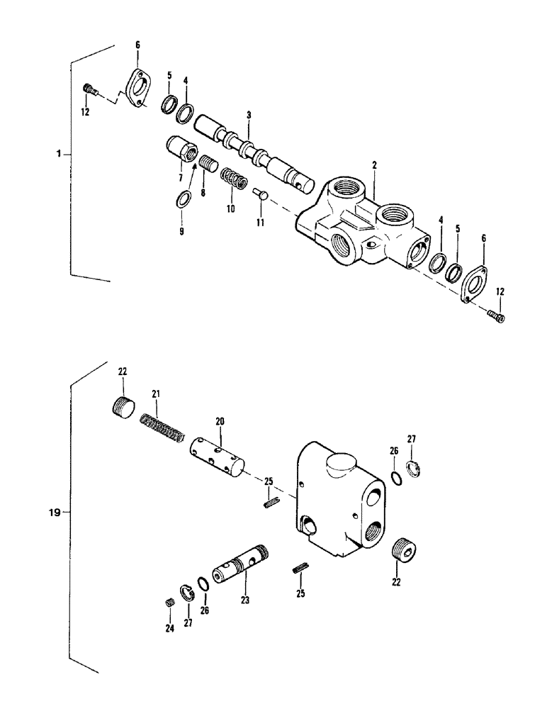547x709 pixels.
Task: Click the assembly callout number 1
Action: coord(62,153)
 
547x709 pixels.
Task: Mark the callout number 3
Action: coord(249,115)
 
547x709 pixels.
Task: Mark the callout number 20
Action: coord(220,421)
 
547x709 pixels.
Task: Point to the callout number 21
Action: coord(157,393)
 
